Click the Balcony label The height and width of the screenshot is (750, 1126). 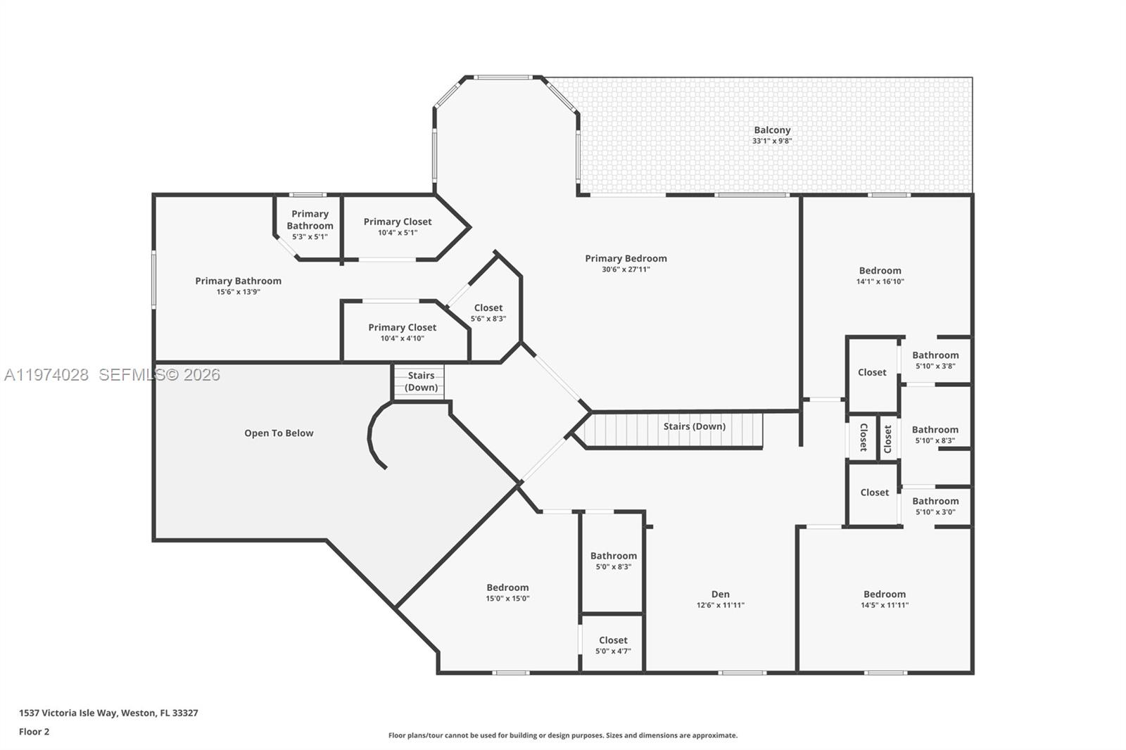click(x=772, y=130)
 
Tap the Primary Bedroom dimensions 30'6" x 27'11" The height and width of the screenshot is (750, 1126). click(x=626, y=269)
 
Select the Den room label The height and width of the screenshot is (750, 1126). click(x=720, y=594)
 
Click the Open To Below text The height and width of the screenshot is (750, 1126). click(x=279, y=433)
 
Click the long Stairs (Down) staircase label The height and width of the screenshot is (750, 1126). click(x=694, y=426)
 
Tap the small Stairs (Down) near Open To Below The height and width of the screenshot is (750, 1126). click(x=421, y=381)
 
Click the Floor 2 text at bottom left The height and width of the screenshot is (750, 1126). click(x=34, y=732)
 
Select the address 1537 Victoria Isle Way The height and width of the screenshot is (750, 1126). click(x=108, y=713)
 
